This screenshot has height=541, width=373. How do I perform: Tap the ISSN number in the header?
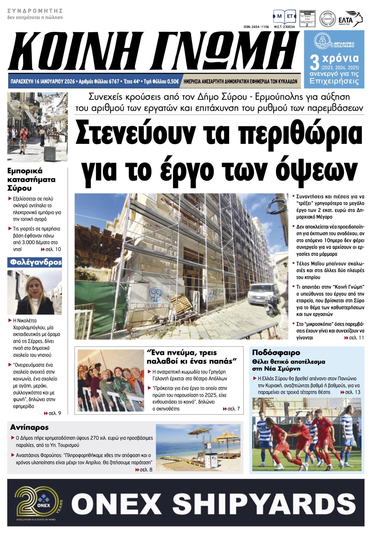[x=256, y=27]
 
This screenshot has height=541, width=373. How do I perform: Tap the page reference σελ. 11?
[x=354, y=338]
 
